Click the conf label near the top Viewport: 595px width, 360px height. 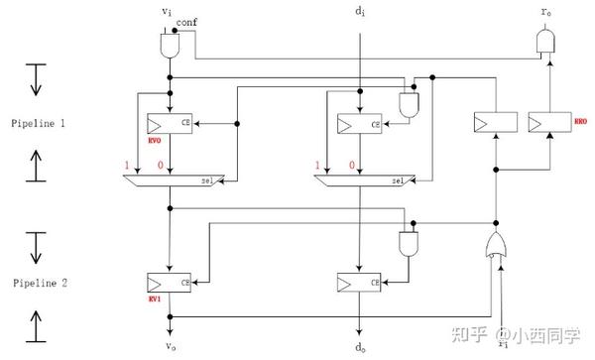(x=188, y=21)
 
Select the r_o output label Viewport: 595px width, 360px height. (x=546, y=13)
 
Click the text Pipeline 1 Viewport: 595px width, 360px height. (x=36, y=123)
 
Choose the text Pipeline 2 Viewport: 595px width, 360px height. (x=36, y=283)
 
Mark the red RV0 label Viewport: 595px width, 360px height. (x=155, y=141)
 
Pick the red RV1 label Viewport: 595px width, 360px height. (x=155, y=299)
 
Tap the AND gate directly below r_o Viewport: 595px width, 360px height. (x=546, y=42)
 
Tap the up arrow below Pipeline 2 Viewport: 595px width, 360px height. (x=36, y=323)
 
